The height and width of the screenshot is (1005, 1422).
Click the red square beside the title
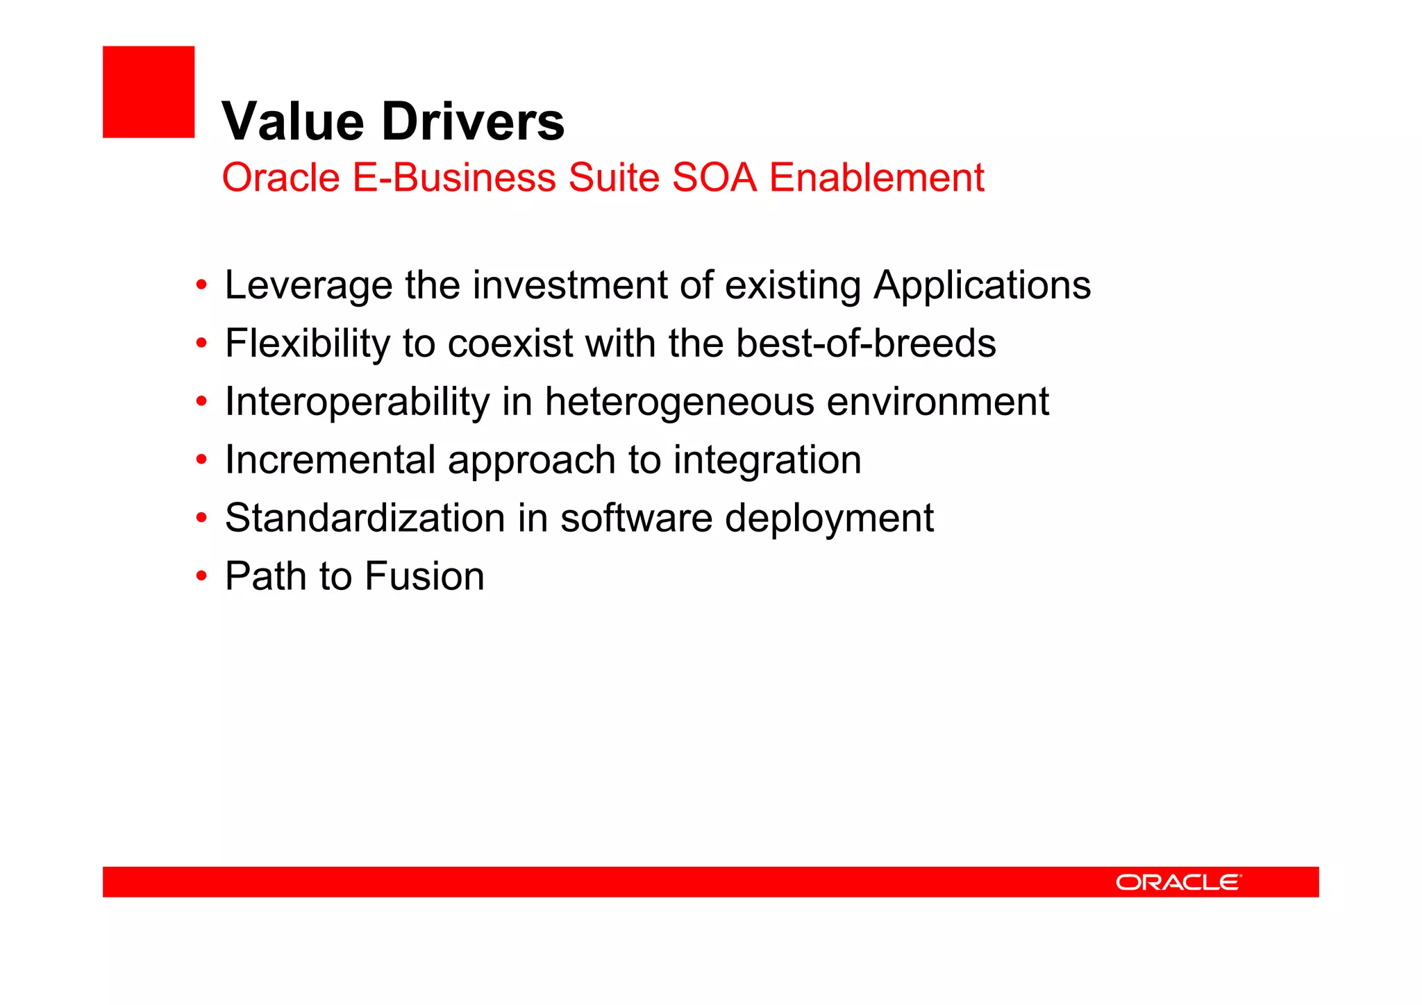[149, 92]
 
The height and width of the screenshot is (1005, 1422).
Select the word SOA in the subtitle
[714, 178]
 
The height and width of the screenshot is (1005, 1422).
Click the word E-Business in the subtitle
[454, 178]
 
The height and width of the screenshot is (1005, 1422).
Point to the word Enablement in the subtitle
[876, 178]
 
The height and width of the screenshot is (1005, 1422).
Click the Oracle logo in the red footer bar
[1178, 882]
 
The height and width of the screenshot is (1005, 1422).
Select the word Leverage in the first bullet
[308, 285]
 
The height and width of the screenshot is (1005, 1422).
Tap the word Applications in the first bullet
[982, 285]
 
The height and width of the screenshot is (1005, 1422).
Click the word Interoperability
[357, 402]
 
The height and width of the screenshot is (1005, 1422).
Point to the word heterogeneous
[679, 402]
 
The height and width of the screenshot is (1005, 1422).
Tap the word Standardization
[365, 518]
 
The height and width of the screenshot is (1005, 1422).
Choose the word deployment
[829, 518]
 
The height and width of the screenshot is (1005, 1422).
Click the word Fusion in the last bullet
[424, 577]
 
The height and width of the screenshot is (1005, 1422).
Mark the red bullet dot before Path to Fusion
[201, 576]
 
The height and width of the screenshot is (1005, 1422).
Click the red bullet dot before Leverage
[201, 285]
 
